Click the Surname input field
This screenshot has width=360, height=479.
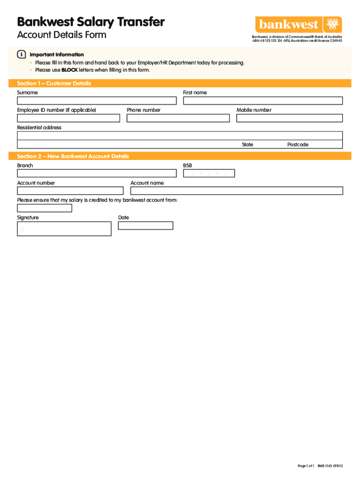click(x=97, y=101)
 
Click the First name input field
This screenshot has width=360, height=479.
click(x=263, y=101)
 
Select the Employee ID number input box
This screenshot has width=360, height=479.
click(x=68, y=118)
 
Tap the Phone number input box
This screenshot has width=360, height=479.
click(x=178, y=118)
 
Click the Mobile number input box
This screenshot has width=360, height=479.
click(x=289, y=118)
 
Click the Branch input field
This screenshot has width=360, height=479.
click(x=97, y=174)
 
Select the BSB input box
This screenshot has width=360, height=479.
click(x=209, y=174)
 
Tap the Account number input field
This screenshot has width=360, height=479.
click(x=70, y=191)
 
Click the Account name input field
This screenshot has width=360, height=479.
click(x=237, y=191)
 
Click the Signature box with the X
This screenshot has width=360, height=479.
click(x=64, y=229)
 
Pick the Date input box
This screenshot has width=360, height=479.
click(x=145, y=225)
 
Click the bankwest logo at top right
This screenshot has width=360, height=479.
click(x=298, y=24)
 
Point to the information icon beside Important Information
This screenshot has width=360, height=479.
click(x=21, y=55)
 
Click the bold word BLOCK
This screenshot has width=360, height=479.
click(x=69, y=70)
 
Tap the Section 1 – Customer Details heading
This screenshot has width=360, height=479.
click(x=54, y=83)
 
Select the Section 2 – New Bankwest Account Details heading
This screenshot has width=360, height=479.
click(x=73, y=156)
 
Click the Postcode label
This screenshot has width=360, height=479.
click(x=298, y=145)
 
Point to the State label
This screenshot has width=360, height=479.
click(x=247, y=145)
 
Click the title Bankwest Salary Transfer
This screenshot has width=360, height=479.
click(x=91, y=22)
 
